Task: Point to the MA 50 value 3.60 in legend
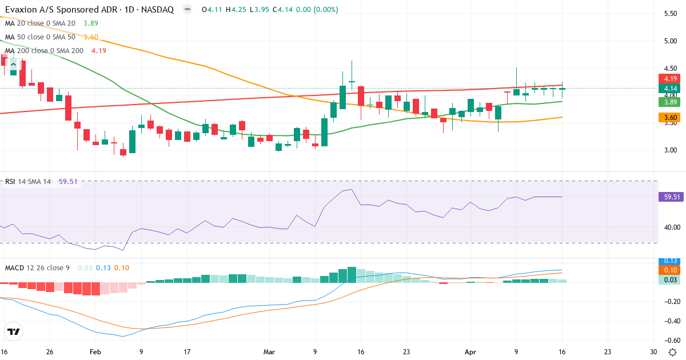[91, 37]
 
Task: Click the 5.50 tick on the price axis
[668, 13]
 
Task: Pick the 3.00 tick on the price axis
[668, 150]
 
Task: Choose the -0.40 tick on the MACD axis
[667, 321]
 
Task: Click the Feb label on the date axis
[95, 352]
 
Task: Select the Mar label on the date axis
[268, 352]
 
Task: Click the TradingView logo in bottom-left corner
[14, 331]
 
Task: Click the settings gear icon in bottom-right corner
[673, 352]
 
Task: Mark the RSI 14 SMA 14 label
[28, 182]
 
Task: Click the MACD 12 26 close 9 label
[38, 267]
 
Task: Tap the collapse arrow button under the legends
[13, 65]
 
